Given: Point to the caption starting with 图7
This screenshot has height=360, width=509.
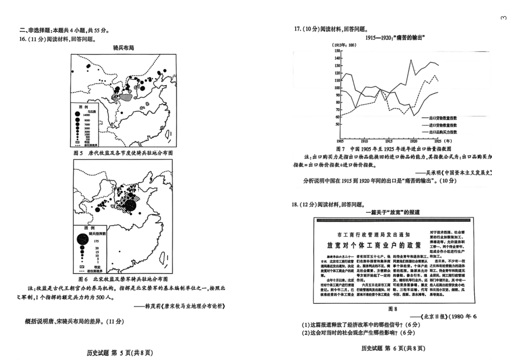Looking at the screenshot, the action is [394, 148].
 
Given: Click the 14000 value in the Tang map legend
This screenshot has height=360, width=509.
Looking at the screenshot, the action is [87, 115].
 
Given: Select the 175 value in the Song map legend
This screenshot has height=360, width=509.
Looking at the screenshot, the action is [97, 243].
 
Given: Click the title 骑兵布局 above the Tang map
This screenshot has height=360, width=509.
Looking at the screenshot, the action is [123, 48].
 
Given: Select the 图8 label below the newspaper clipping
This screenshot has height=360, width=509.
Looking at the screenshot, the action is [392, 309].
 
